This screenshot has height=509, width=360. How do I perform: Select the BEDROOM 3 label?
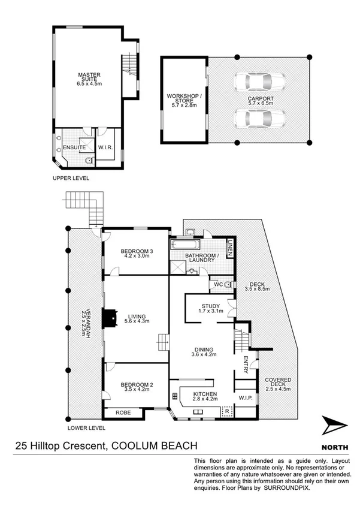(x=134, y=252)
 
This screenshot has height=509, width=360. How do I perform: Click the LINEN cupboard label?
(x=230, y=246)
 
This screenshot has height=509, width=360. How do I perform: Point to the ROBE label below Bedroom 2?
(x=123, y=412)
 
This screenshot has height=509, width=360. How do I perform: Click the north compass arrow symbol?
(x=334, y=426)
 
